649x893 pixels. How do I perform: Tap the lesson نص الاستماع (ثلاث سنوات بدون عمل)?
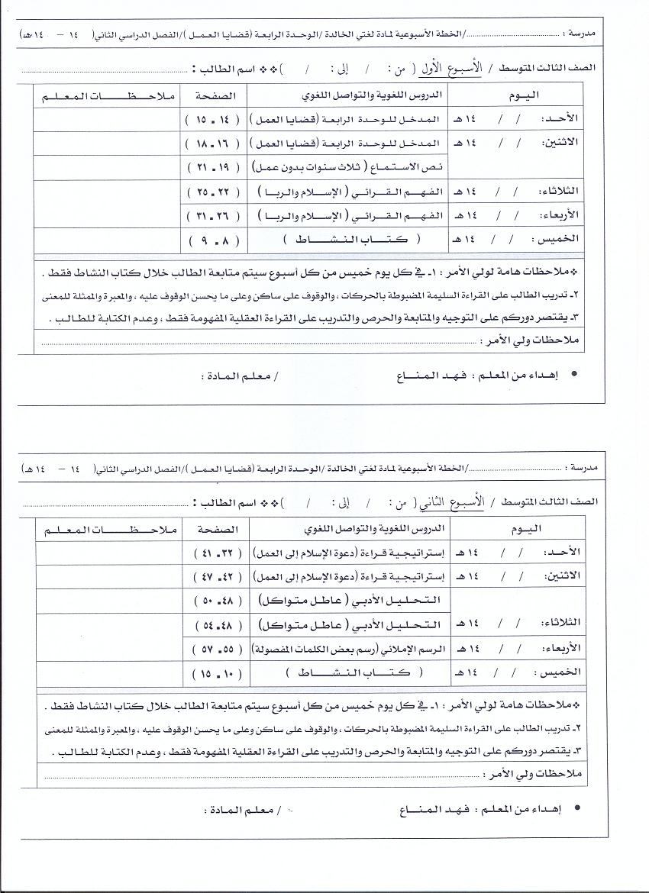pos(363,166)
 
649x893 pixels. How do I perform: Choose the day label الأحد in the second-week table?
pos(585,553)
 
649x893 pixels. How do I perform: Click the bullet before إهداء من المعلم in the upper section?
pos(573,376)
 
